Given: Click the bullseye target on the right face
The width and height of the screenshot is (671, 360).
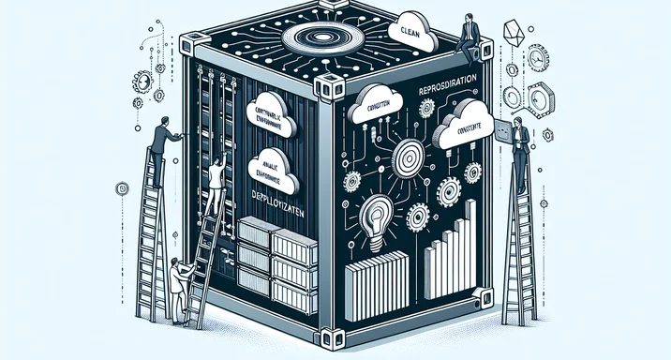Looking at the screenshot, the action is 408,156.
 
